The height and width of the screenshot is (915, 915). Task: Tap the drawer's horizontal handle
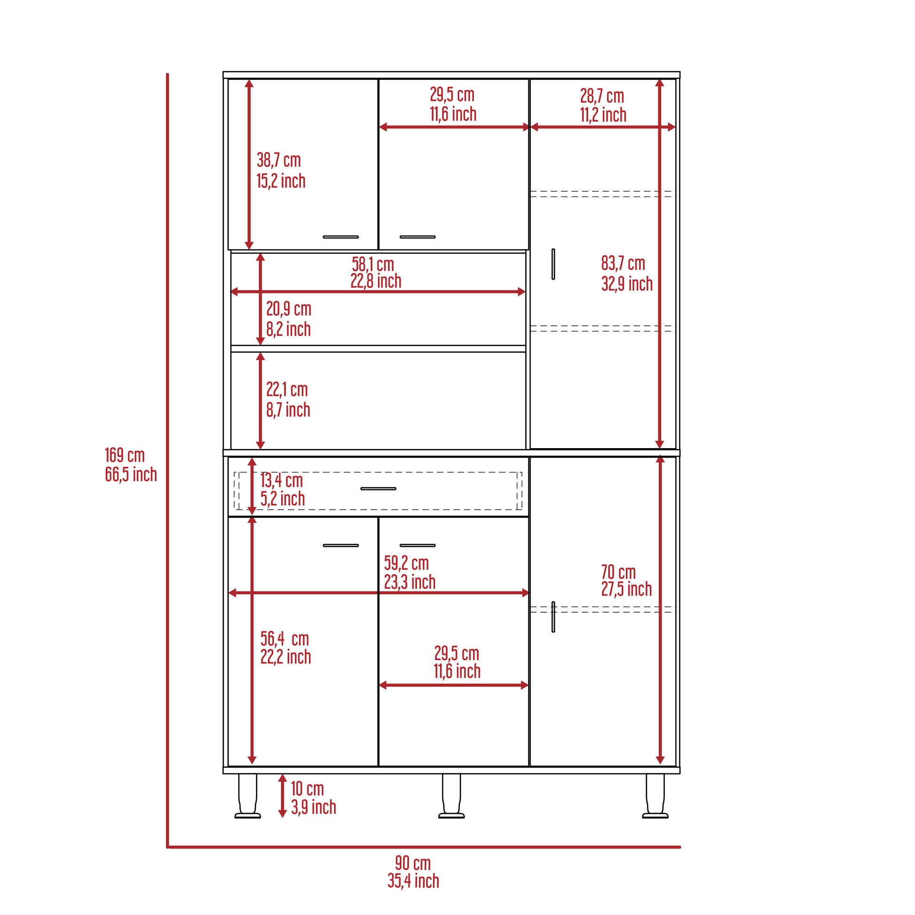pos(378,488)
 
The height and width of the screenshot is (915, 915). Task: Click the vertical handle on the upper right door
pos(552,264)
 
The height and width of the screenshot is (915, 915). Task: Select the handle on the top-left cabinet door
pos(340,237)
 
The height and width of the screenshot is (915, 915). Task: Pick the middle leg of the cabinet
pos(451,796)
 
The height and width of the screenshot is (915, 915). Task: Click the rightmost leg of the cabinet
pos(655,796)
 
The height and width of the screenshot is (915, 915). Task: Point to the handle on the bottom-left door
pos(340,545)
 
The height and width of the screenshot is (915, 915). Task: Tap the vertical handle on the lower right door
pos(552,616)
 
